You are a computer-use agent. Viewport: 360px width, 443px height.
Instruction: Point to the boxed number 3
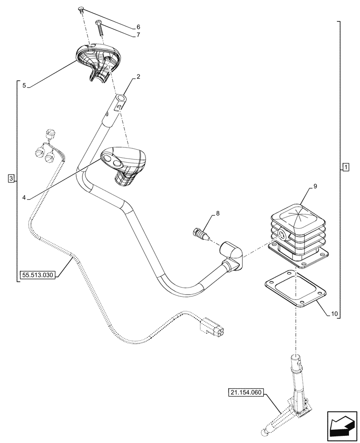click(x=11, y=179)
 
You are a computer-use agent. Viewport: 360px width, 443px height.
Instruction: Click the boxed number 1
click(x=346, y=167)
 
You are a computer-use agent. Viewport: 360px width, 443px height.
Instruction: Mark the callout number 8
click(x=217, y=214)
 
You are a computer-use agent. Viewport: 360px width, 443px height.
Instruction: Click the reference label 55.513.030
click(x=37, y=275)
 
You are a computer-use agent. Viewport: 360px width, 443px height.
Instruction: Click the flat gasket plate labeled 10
click(x=295, y=292)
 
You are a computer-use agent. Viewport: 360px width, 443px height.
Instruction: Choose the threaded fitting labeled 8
click(x=201, y=233)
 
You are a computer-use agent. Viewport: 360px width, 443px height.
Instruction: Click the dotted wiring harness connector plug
click(x=213, y=328)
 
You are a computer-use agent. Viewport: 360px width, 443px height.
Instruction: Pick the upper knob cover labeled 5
click(x=98, y=60)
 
